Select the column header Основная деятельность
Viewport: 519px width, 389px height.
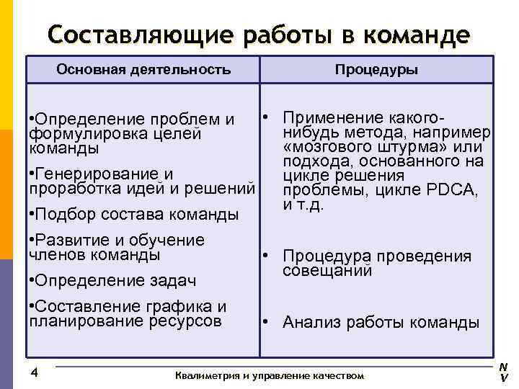(143, 70)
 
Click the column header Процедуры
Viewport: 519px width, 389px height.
(376, 70)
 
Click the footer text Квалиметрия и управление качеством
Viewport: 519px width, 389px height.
(270, 376)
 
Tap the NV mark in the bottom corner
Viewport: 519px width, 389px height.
(503, 372)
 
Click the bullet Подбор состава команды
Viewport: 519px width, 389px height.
(133, 214)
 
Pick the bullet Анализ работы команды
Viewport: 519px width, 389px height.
(380, 322)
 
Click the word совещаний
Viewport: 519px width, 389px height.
(328, 271)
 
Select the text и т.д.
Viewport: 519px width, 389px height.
(303, 204)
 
